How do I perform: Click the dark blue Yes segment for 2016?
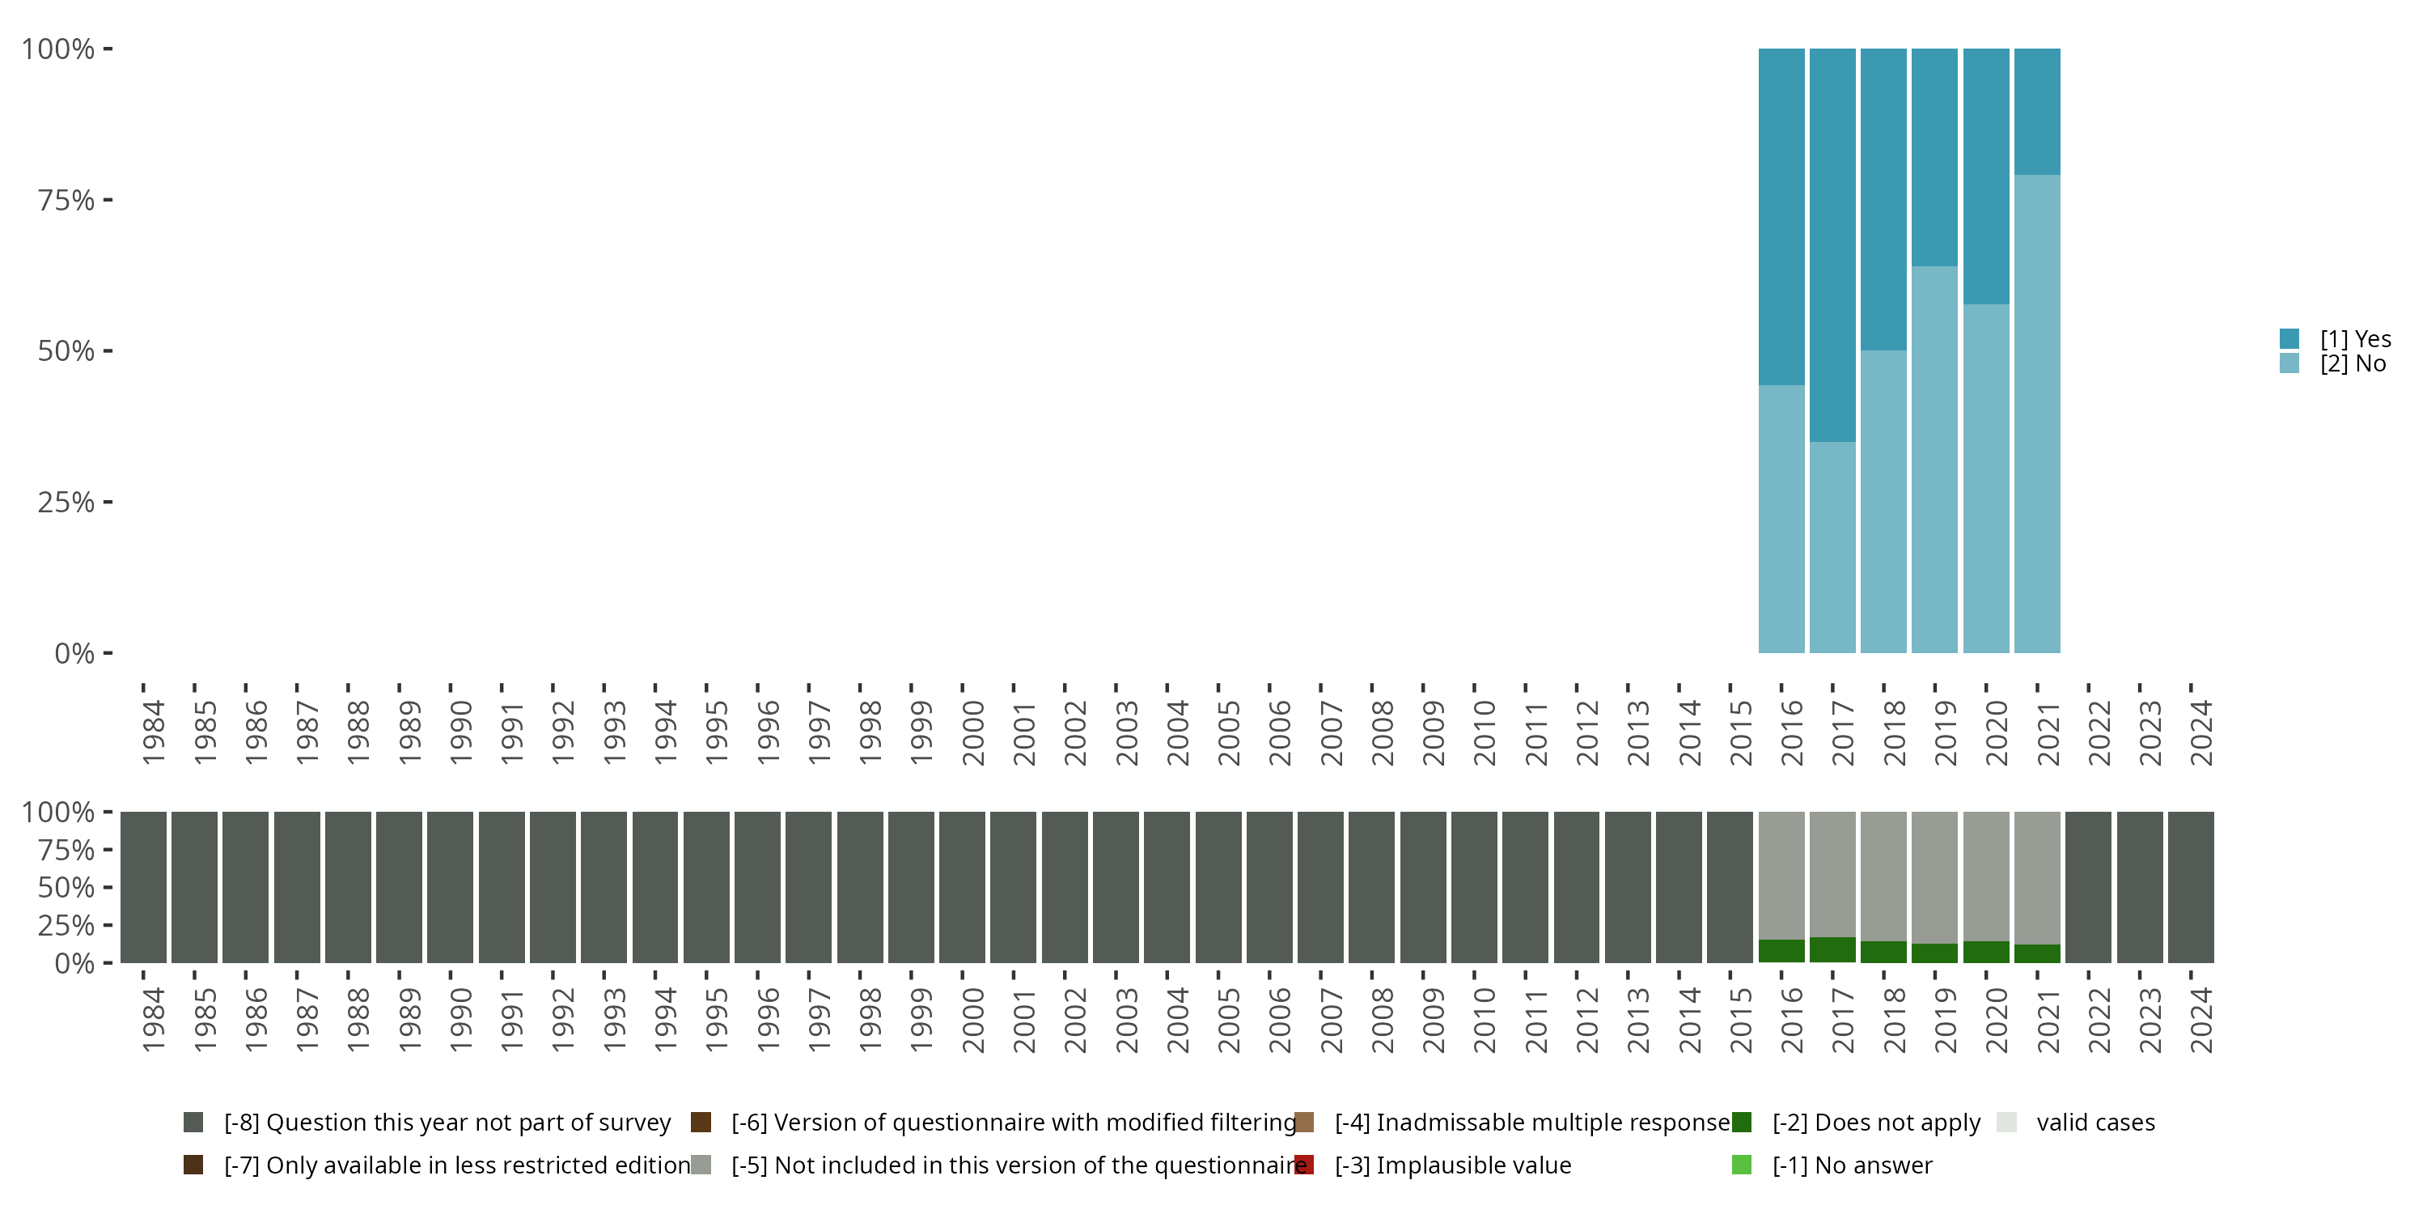tap(1781, 217)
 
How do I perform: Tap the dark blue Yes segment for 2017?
tap(1832, 245)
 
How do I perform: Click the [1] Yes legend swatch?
tap(2289, 338)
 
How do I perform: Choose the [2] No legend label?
tap(2353, 364)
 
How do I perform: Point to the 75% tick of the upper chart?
tap(66, 200)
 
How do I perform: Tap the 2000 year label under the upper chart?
tap(972, 732)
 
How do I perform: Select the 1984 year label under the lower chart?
tap(153, 1020)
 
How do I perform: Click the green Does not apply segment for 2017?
tap(1832, 950)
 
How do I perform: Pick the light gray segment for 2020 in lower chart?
tap(1986, 876)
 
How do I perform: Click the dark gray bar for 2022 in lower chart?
tap(2088, 887)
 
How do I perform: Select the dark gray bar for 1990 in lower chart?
tap(451, 887)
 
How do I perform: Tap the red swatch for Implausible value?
tap(1304, 1165)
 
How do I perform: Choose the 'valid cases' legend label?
tap(2095, 1123)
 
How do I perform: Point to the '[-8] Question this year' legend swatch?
tap(193, 1123)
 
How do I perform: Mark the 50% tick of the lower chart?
tap(66, 887)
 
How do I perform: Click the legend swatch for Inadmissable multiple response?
tap(1304, 1123)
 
